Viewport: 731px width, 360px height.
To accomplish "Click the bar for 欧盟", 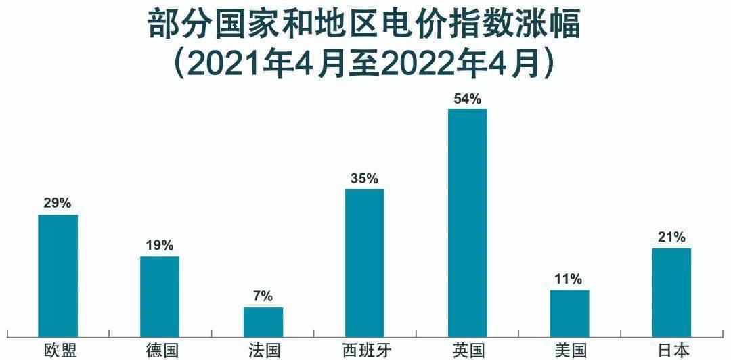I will tap(58, 274).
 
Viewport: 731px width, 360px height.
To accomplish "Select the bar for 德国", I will tap(160, 295).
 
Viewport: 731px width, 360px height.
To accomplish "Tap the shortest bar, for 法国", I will tap(263, 321).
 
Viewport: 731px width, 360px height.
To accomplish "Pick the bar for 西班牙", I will tap(365, 261).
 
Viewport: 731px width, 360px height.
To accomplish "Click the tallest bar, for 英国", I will tap(468, 221).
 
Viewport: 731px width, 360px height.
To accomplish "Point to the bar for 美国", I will tap(570, 312).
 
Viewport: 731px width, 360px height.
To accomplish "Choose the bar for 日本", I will tap(672, 291).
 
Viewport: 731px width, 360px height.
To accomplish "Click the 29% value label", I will tap(58, 203).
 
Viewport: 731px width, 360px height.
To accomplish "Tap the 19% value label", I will tap(160, 245).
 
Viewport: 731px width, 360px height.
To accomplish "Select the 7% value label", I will tap(263, 296).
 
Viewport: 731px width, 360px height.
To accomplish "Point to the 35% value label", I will tap(365, 178).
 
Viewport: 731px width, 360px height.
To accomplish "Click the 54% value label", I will tap(468, 99).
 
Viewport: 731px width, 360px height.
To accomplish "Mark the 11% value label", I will tap(570, 279).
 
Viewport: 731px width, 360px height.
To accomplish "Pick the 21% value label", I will tap(672, 237).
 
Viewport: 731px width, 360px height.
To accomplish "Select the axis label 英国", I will tap(468, 350).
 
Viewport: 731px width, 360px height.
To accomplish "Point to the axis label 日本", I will tap(673, 350).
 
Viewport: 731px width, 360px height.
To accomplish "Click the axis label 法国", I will tap(264, 350).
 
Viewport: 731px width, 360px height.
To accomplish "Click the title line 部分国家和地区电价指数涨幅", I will tap(365, 24).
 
